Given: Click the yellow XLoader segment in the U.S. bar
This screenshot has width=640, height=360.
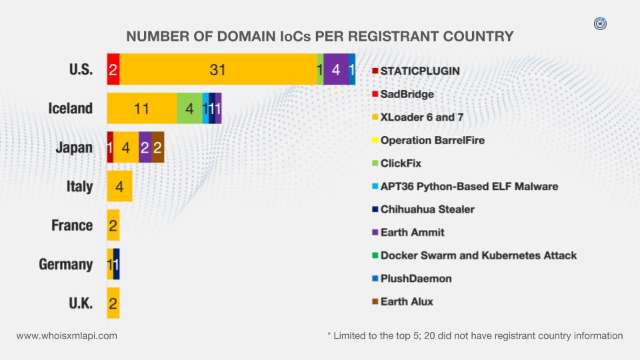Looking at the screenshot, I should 218,69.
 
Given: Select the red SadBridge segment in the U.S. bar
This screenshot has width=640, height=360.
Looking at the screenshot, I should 113,69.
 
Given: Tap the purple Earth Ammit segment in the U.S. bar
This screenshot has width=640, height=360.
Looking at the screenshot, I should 336,69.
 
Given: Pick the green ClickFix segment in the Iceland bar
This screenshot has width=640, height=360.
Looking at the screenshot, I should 189,108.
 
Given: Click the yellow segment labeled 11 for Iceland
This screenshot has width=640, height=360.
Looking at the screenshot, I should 141,108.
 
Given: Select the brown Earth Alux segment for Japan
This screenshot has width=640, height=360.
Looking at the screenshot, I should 157,147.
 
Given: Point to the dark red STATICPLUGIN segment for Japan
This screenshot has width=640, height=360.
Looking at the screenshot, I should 110,147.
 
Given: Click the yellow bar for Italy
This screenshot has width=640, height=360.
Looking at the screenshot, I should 119,186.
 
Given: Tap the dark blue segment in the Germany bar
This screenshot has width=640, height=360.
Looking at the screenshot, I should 117,264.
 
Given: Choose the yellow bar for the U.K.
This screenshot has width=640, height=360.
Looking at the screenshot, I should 113,303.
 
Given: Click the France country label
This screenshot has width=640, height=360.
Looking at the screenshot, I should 72,225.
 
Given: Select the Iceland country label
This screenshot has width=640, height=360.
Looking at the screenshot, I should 70,108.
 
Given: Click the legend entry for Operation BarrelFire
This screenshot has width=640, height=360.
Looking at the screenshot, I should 432,141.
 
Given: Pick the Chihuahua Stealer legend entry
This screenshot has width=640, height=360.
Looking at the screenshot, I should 427,209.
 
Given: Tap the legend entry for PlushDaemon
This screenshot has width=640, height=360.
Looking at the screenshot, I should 416,279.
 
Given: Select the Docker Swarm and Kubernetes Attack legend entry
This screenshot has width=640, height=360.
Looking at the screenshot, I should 478,255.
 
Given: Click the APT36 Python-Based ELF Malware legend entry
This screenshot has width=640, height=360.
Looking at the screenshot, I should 469,187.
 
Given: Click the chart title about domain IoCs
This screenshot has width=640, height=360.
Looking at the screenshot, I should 320,36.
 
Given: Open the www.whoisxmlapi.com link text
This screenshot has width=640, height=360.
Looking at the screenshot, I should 67,336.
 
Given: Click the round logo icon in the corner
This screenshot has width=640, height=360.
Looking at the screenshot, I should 600,24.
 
